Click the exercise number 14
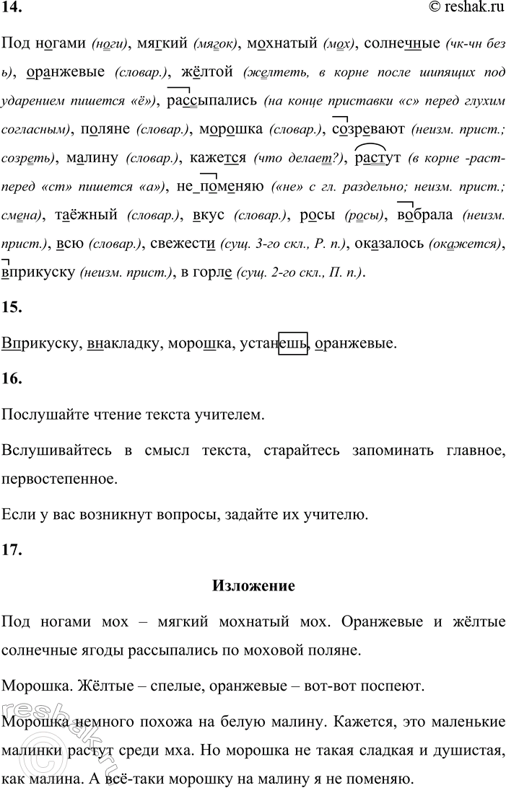11,8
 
